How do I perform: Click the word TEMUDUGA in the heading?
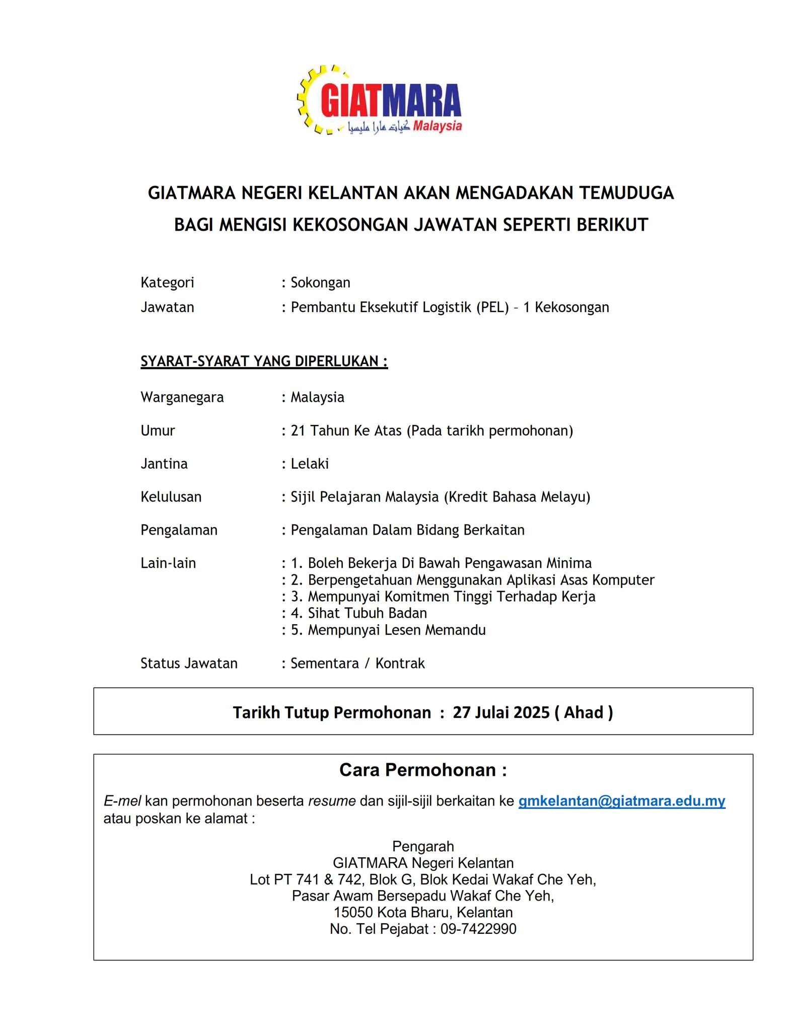pos(626,193)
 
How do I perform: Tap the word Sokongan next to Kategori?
pos(320,282)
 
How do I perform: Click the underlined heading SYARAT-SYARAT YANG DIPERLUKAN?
pos(264,361)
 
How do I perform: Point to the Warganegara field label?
pos(182,397)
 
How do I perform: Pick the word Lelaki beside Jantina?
pos(310,464)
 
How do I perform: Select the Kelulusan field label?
pos(171,497)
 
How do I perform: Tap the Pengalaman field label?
pos(179,530)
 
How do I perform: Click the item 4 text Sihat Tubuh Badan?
pos(367,613)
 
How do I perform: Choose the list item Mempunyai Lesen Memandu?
pos(396,630)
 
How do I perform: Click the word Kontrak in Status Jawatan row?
pos(400,663)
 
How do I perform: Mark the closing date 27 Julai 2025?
pos(501,712)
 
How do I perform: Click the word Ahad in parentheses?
pos(584,712)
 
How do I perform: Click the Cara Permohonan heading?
pos(423,770)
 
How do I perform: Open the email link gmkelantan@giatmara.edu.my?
pos(622,801)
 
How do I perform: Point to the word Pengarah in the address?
pos(423,846)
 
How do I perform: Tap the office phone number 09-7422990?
pos(478,929)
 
